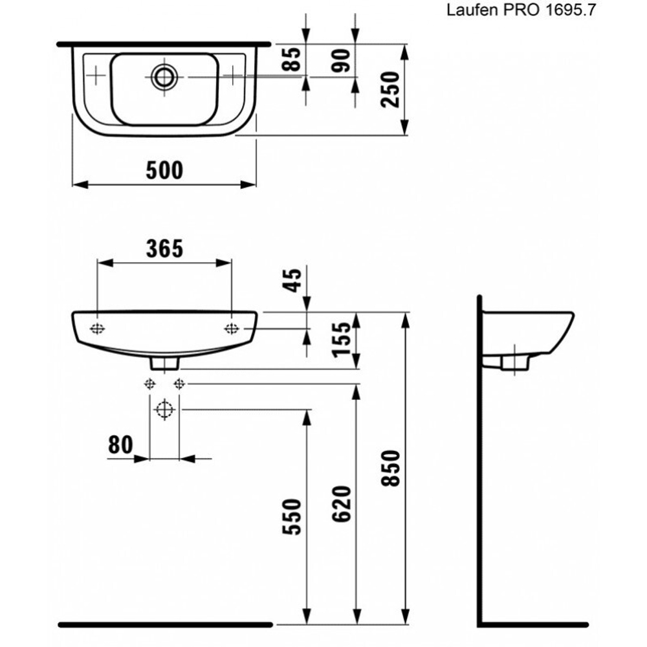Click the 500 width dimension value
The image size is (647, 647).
coord(164,170)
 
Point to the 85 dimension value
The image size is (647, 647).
coord(294,60)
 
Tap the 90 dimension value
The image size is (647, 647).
coord(342,60)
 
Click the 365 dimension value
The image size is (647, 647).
coord(164,248)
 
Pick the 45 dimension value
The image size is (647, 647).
coord(294,281)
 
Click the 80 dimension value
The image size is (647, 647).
coord(121,444)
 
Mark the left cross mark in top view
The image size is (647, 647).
coord(95,76)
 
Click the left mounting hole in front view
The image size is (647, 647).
coord(97,329)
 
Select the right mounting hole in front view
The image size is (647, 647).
coord(232,329)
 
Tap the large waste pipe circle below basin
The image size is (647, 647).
coord(165,410)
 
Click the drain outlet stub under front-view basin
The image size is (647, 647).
coord(165,364)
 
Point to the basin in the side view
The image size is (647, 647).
coord(531,336)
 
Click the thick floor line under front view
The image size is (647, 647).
coord(165,625)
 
